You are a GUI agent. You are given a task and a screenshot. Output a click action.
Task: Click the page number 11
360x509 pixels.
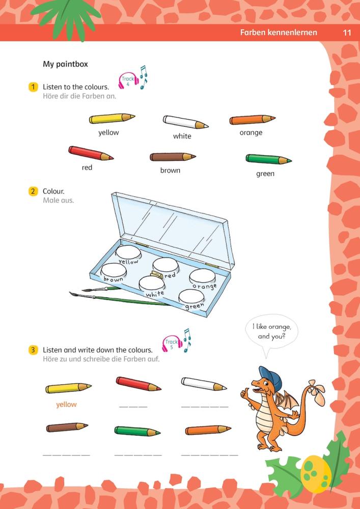[347, 33]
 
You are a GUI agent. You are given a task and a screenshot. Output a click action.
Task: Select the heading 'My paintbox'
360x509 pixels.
[65, 64]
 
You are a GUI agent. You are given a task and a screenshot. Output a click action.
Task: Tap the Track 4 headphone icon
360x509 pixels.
[128, 80]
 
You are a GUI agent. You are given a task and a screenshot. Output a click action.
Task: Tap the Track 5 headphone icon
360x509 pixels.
[172, 344]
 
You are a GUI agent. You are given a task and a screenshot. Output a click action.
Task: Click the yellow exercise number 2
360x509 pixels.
[33, 191]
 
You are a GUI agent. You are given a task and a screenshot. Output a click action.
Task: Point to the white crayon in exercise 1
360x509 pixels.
[185, 122]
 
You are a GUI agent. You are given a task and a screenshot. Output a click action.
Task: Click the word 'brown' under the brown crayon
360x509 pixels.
[170, 170]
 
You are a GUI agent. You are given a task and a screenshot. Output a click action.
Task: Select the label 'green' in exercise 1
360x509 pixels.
[265, 174]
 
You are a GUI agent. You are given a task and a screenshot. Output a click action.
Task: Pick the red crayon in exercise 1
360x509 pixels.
[91, 153]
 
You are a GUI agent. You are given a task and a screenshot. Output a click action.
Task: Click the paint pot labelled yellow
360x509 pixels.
[128, 252]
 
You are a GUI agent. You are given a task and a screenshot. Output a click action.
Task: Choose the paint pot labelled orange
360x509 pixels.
[203, 276]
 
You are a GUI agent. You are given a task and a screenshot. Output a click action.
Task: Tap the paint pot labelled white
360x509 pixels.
[152, 284]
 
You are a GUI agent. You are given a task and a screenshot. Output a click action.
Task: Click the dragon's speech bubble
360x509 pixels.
[272, 333]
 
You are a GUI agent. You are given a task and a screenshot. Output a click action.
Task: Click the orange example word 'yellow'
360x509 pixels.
[66, 405]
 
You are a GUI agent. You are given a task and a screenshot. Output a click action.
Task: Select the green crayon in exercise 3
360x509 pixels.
[137, 431]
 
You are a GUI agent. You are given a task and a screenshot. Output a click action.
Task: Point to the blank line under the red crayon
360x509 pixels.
[133, 406]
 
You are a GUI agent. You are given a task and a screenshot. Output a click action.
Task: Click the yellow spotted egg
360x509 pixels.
[316, 473]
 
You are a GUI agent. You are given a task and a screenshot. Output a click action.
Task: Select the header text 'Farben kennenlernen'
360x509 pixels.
[279, 33]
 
